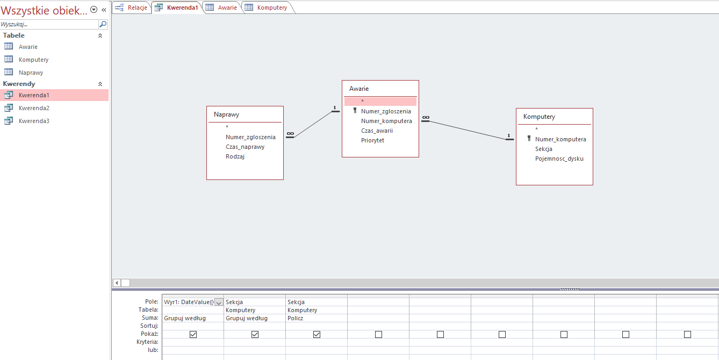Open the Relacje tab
click(x=131, y=8)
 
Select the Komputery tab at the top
click(x=267, y=8)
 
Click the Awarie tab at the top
click(x=222, y=8)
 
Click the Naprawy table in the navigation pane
click(x=31, y=73)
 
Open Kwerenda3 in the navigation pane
click(x=34, y=121)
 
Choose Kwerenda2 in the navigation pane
click(x=34, y=108)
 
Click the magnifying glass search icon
click(x=103, y=24)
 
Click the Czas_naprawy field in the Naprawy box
click(x=245, y=147)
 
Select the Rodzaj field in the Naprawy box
click(x=235, y=156)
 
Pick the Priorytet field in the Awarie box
click(x=372, y=140)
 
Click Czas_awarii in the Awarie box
click(x=377, y=131)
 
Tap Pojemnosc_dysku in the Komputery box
click(x=559, y=159)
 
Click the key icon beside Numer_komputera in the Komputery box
click(x=529, y=139)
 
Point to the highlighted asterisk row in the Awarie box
click(x=380, y=102)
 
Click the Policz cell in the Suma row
click(x=295, y=318)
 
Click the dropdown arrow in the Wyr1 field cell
click(x=219, y=303)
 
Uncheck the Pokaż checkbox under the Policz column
click(x=317, y=334)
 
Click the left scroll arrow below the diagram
click(x=117, y=283)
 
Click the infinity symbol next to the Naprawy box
click(x=290, y=133)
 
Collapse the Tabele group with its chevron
click(x=100, y=35)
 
